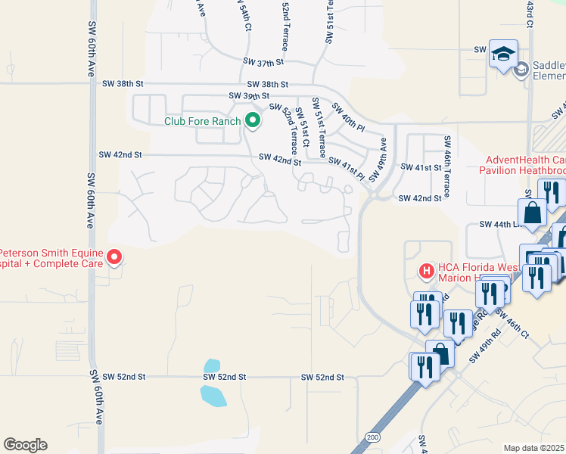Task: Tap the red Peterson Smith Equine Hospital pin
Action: pyautogui.click(x=114, y=257)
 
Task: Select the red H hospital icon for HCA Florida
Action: pyautogui.click(x=427, y=270)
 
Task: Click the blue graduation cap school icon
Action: pyautogui.click(x=503, y=54)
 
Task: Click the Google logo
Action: pyautogui.click(x=25, y=445)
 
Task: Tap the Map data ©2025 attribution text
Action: pyautogui.click(x=534, y=448)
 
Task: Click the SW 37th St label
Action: pyautogui.click(x=263, y=61)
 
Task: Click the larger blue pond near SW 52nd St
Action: pyautogui.click(x=213, y=395)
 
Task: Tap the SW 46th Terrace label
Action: pyautogui.click(x=447, y=166)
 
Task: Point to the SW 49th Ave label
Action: pyautogui.click(x=378, y=156)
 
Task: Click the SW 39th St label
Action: pyautogui.click(x=249, y=96)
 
